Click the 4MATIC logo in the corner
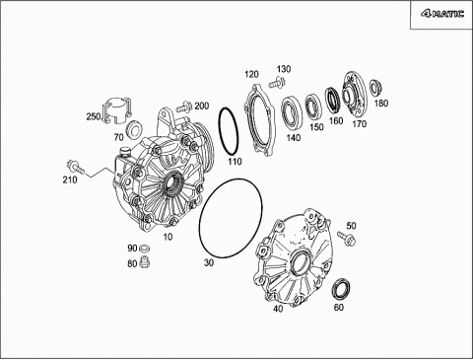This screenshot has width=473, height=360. (x=442, y=14)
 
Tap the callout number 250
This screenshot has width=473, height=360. (x=94, y=116)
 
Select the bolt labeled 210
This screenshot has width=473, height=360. (x=75, y=167)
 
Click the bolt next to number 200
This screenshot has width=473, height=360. (x=184, y=107)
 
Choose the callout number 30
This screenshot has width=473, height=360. (x=209, y=262)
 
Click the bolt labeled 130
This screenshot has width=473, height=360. (x=277, y=82)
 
